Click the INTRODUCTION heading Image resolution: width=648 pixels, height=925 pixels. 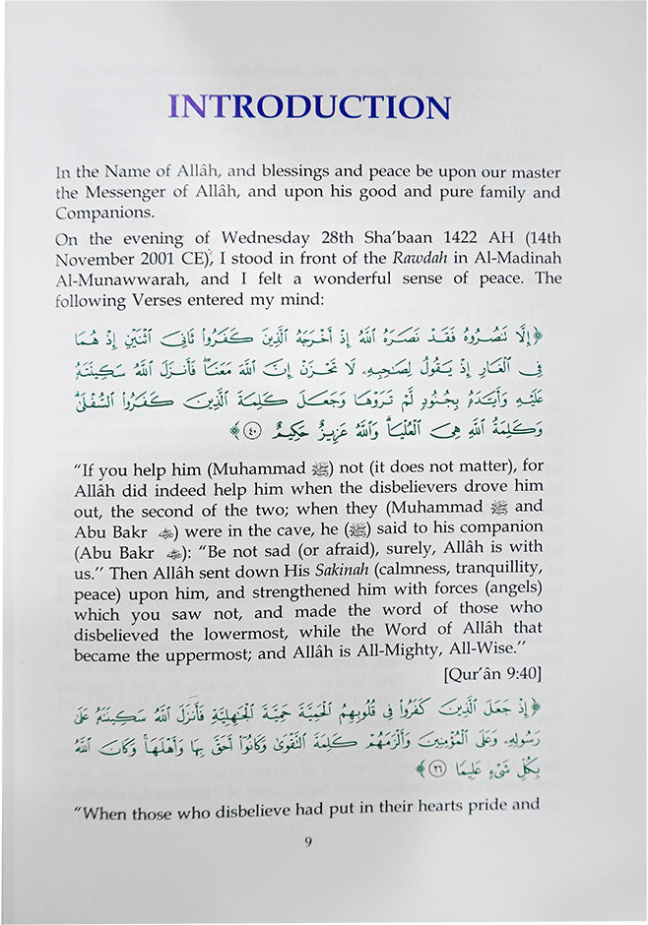pos(310,106)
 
